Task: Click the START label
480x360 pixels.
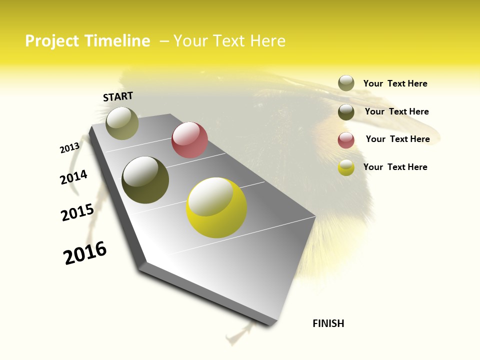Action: (x=118, y=96)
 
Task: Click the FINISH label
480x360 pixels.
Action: (x=328, y=323)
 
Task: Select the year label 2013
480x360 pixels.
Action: (x=69, y=148)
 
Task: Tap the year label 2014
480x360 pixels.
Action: (x=73, y=177)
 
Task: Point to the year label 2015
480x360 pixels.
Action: (x=77, y=212)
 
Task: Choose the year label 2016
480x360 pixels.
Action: (x=85, y=252)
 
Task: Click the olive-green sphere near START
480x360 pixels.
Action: (x=122, y=123)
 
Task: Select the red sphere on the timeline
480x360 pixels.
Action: (x=189, y=140)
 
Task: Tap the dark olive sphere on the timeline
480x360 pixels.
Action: (x=145, y=180)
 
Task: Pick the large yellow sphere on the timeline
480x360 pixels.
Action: (x=216, y=207)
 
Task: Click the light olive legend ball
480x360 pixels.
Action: (x=346, y=83)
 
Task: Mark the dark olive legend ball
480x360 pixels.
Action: (x=346, y=112)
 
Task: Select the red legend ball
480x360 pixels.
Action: (x=346, y=140)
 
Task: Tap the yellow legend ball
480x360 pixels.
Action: (x=346, y=168)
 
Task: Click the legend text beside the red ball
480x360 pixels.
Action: (x=397, y=139)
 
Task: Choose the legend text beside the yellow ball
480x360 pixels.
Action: (x=395, y=167)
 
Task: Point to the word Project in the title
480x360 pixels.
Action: (x=51, y=41)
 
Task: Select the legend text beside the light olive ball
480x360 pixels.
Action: (x=395, y=83)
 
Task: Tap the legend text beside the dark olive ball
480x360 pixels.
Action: (x=396, y=111)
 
